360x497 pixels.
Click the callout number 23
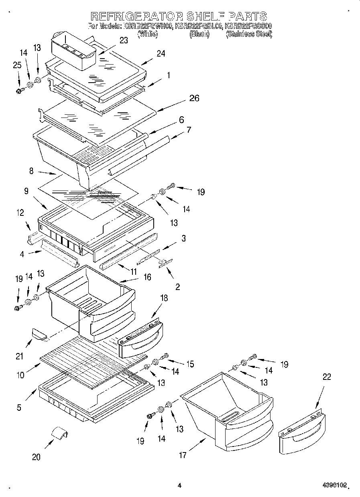click(124, 40)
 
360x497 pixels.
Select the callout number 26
click(195, 98)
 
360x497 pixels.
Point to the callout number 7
click(188, 130)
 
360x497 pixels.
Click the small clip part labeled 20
click(59, 434)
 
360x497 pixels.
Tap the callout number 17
click(183, 455)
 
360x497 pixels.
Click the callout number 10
click(20, 375)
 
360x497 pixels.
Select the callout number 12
click(20, 213)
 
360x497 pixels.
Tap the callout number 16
click(147, 277)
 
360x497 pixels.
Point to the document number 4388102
click(334, 485)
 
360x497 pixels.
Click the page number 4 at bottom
click(179, 485)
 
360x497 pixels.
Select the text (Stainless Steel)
click(249, 34)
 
